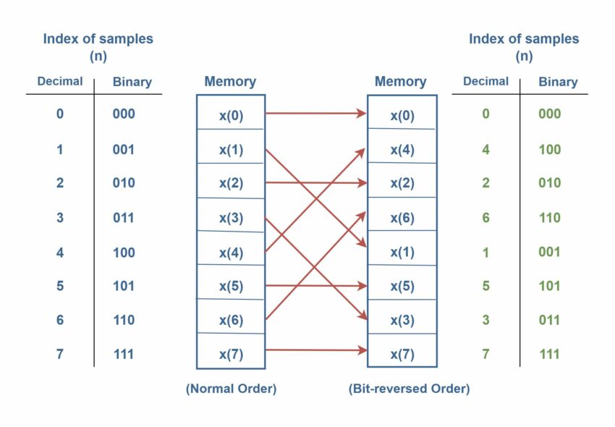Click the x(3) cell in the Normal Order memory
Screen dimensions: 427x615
click(231, 218)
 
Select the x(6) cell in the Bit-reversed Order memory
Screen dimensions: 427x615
click(402, 218)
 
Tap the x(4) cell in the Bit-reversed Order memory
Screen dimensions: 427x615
click(402, 150)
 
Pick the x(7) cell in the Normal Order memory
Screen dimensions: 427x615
click(231, 354)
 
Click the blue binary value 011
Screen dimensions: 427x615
click(124, 218)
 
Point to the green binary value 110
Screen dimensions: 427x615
click(549, 218)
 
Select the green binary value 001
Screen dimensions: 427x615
click(549, 252)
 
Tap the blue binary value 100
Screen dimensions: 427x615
click(124, 253)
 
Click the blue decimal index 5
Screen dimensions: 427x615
click(60, 286)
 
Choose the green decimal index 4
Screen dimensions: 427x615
click(485, 150)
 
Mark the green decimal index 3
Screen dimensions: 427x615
click(485, 320)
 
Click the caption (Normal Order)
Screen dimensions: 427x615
click(231, 389)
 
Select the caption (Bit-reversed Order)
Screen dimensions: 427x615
click(409, 389)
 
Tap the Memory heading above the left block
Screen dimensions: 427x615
click(230, 82)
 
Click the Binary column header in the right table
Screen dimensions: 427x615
click(558, 82)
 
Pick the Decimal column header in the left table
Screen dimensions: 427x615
click(60, 82)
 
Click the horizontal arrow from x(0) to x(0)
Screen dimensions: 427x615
click(315, 113)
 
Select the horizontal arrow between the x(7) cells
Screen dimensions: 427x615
click(315, 350)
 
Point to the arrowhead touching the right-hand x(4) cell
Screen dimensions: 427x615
click(362, 151)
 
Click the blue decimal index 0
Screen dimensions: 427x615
click(60, 114)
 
